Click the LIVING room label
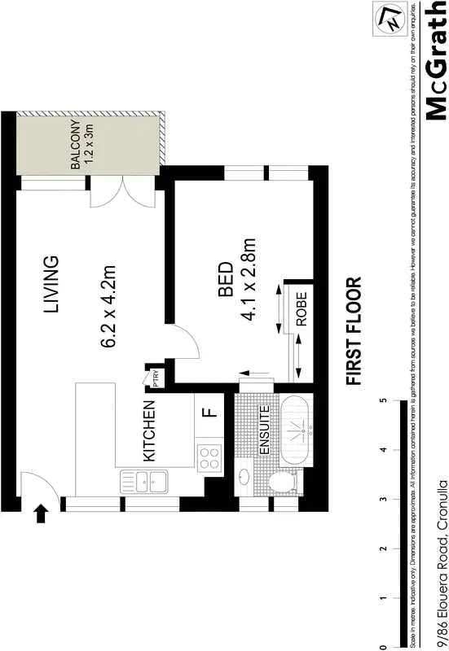point(51,286)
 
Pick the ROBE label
point(301,309)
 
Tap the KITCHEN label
point(148,432)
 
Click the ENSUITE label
point(263,430)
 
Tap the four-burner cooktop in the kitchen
point(210,457)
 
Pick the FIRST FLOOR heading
point(353,332)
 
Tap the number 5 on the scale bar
point(382,401)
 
